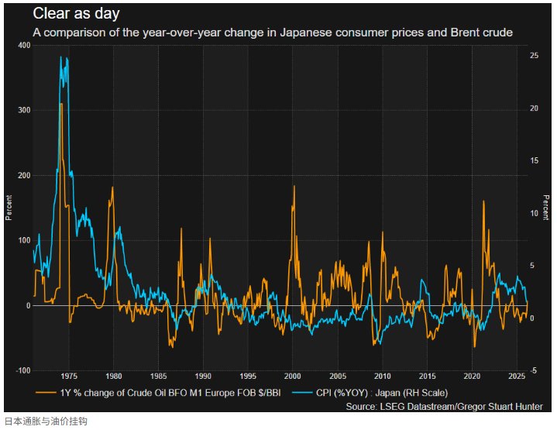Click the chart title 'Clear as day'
click(x=76, y=14)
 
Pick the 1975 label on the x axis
click(x=68, y=376)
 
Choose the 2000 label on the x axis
click(x=293, y=376)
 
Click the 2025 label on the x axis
click(x=517, y=376)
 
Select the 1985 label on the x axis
click(x=158, y=376)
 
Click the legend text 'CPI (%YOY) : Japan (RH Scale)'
click(x=381, y=393)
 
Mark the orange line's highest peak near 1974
click(x=60, y=103)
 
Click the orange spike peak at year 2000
click(x=294, y=186)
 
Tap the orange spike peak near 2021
click(x=483, y=201)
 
